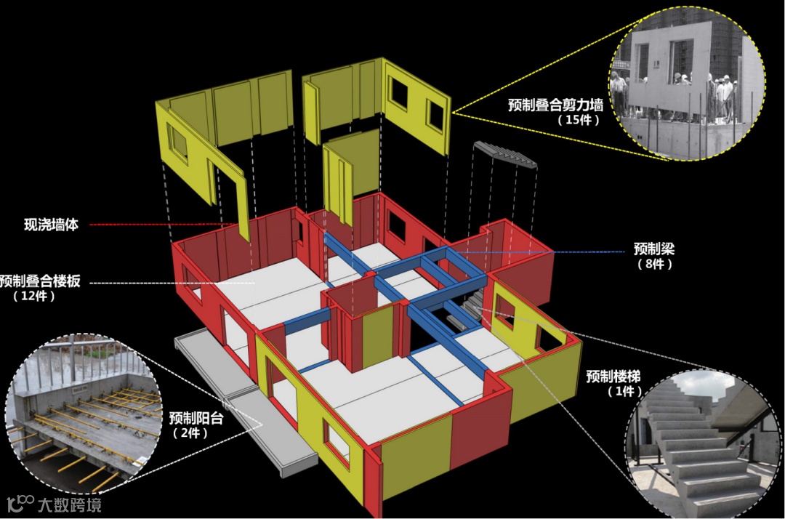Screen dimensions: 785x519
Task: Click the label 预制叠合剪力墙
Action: [555, 105]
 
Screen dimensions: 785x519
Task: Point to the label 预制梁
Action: [654, 249]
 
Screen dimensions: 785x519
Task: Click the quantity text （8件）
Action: [654, 264]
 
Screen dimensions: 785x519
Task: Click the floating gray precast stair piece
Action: [506, 154]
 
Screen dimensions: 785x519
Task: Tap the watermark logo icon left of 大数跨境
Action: [20, 503]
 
